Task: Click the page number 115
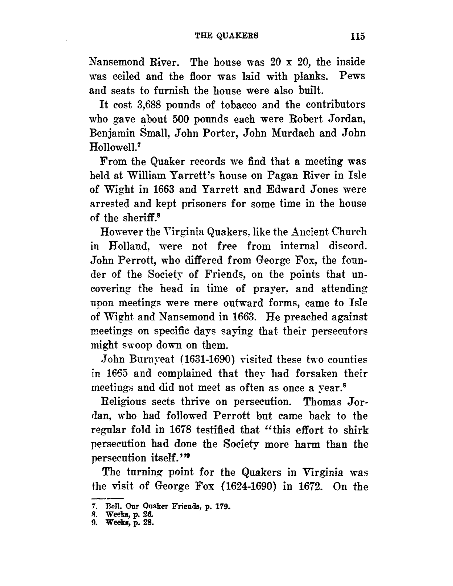(358, 37)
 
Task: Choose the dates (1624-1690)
(251, 486)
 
